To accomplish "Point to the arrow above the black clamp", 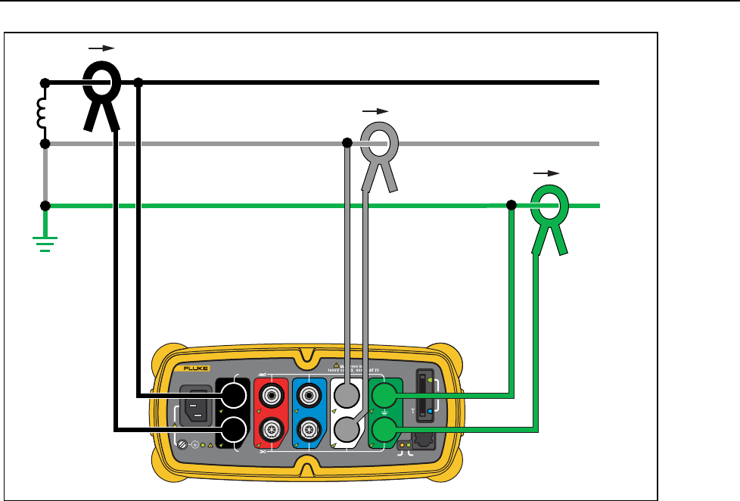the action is (x=101, y=48).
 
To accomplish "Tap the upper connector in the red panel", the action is (x=271, y=395).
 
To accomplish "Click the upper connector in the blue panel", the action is (x=309, y=395).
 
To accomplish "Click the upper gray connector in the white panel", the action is (x=347, y=395).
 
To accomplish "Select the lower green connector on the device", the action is (x=385, y=431).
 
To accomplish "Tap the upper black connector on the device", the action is (x=233, y=395).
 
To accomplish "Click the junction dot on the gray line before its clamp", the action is (x=347, y=142).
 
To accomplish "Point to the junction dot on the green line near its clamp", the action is (x=511, y=204).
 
